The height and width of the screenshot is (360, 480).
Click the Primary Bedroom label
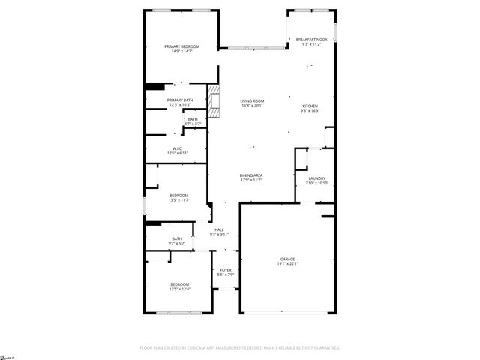182,46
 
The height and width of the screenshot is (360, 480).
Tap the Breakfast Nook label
311,39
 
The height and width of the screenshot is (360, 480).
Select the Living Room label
252,100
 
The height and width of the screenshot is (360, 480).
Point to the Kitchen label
310,106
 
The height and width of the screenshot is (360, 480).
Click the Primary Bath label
180,100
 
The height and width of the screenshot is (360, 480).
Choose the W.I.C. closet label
178,148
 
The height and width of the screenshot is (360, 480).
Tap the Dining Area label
251,175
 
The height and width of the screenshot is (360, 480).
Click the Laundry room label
316,178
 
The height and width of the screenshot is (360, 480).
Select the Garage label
288,259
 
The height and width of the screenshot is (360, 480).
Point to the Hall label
219,229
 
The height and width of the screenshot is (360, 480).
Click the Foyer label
226,270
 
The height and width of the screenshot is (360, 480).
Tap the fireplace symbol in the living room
215,103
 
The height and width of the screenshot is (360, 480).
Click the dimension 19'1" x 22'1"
288,264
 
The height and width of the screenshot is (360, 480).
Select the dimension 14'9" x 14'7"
182,52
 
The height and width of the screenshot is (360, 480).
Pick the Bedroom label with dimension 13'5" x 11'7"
178,196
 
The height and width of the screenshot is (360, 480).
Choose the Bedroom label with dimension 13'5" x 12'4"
180,284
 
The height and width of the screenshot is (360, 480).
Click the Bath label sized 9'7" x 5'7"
177,239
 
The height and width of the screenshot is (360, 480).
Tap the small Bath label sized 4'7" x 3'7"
193,119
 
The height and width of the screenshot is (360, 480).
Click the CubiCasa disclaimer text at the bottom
240,347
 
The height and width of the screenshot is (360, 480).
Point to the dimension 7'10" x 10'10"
316,184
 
